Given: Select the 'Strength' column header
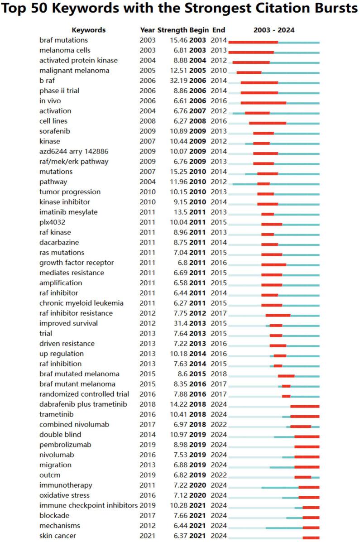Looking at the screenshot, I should (172, 30).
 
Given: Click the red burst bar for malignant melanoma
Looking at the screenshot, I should (249, 72).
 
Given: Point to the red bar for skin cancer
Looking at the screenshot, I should (311, 537).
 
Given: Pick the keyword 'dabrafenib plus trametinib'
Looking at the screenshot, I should (76, 404).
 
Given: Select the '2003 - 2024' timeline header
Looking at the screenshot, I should (274, 30).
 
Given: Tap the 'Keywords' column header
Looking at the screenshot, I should (88, 30).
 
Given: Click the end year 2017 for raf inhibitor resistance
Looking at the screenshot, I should (219, 313).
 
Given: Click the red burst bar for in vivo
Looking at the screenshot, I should (263, 103).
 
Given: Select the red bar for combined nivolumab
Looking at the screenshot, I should (300, 427).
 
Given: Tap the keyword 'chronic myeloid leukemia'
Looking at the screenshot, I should (75, 303).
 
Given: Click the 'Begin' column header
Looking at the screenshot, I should (199, 30).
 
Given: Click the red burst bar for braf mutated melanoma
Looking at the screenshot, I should (286, 376).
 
